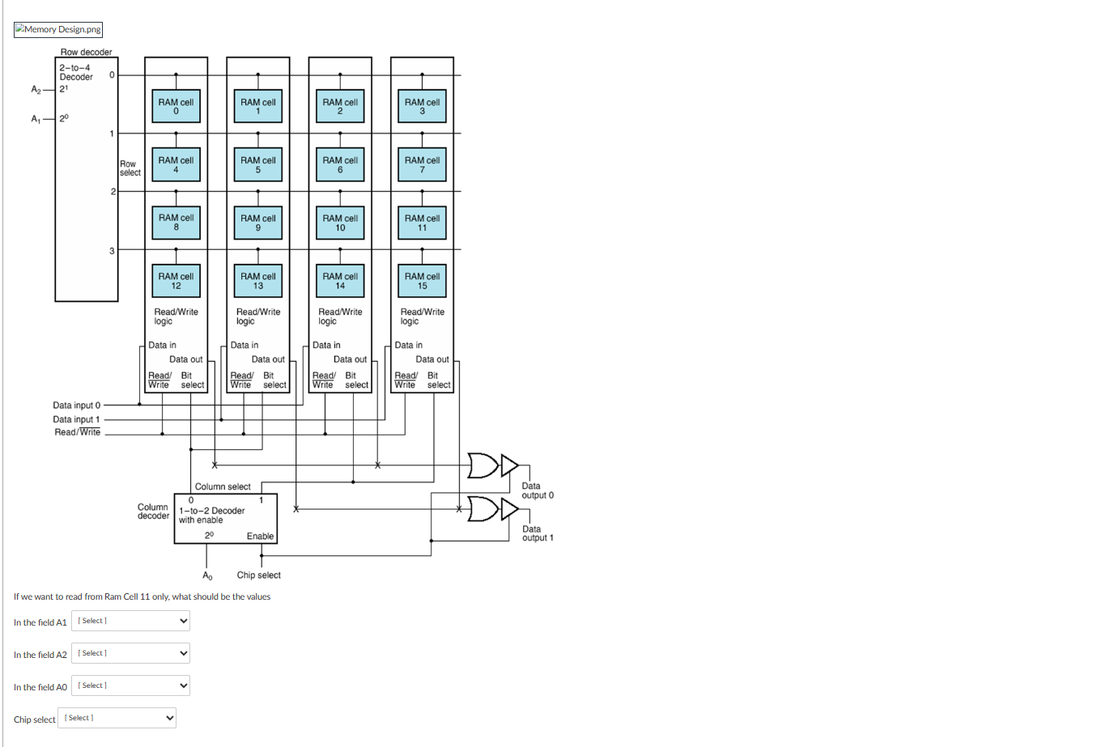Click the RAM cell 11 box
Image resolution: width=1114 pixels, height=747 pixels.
pos(422,223)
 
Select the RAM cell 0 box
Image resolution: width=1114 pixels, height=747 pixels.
pos(176,106)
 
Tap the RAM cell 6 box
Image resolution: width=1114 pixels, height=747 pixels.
pos(340,164)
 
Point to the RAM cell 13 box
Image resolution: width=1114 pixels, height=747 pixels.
pos(257,281)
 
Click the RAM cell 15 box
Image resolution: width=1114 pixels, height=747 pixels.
pos(422,281)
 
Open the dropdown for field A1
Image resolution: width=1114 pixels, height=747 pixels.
pos(130,621)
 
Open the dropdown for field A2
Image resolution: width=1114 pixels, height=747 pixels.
pos(130,653)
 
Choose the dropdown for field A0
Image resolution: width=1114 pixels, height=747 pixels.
pos(130,685)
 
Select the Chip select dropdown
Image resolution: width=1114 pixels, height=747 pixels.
pos(117,718)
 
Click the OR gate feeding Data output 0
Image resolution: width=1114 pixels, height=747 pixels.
pos(483,465)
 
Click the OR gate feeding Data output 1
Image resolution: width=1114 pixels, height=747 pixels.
pos(483,509)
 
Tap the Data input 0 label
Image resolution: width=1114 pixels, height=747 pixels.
pos(77,405)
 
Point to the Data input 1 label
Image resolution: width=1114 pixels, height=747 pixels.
pos(76,419)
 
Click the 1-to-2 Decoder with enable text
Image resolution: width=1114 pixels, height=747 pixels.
pos(211,516)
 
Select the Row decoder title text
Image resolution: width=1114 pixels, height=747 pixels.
pos(86,52)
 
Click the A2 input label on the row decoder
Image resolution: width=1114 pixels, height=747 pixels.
pos(36,89)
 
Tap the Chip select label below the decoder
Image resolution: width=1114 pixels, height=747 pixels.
pos(258,575)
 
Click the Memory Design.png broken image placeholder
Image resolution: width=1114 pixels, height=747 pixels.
pos(58,30)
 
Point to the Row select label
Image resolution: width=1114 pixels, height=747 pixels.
pos(130,168)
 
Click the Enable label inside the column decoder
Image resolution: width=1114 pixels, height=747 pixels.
pos(260,537)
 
